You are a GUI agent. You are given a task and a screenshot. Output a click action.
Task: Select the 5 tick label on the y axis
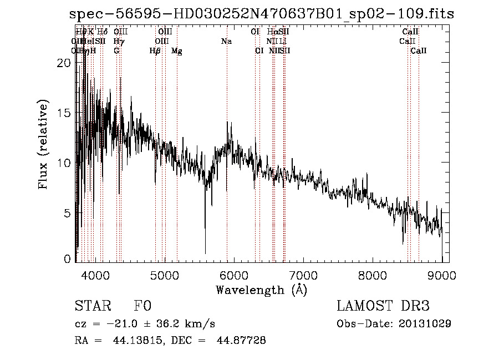67,213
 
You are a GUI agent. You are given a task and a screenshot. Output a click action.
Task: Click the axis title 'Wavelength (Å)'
261,290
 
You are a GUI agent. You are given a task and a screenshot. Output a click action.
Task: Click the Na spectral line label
226,42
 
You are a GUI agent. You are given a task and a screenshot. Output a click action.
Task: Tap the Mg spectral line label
176,51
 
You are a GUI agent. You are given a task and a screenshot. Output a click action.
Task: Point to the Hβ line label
155,51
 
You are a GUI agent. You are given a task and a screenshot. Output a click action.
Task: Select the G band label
116,51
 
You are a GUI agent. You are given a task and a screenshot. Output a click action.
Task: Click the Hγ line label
118,42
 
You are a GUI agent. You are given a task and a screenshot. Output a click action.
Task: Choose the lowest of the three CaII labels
419,51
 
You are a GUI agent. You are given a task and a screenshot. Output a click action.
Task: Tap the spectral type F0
142,306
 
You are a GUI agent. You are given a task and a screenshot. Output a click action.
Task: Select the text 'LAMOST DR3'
383,306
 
